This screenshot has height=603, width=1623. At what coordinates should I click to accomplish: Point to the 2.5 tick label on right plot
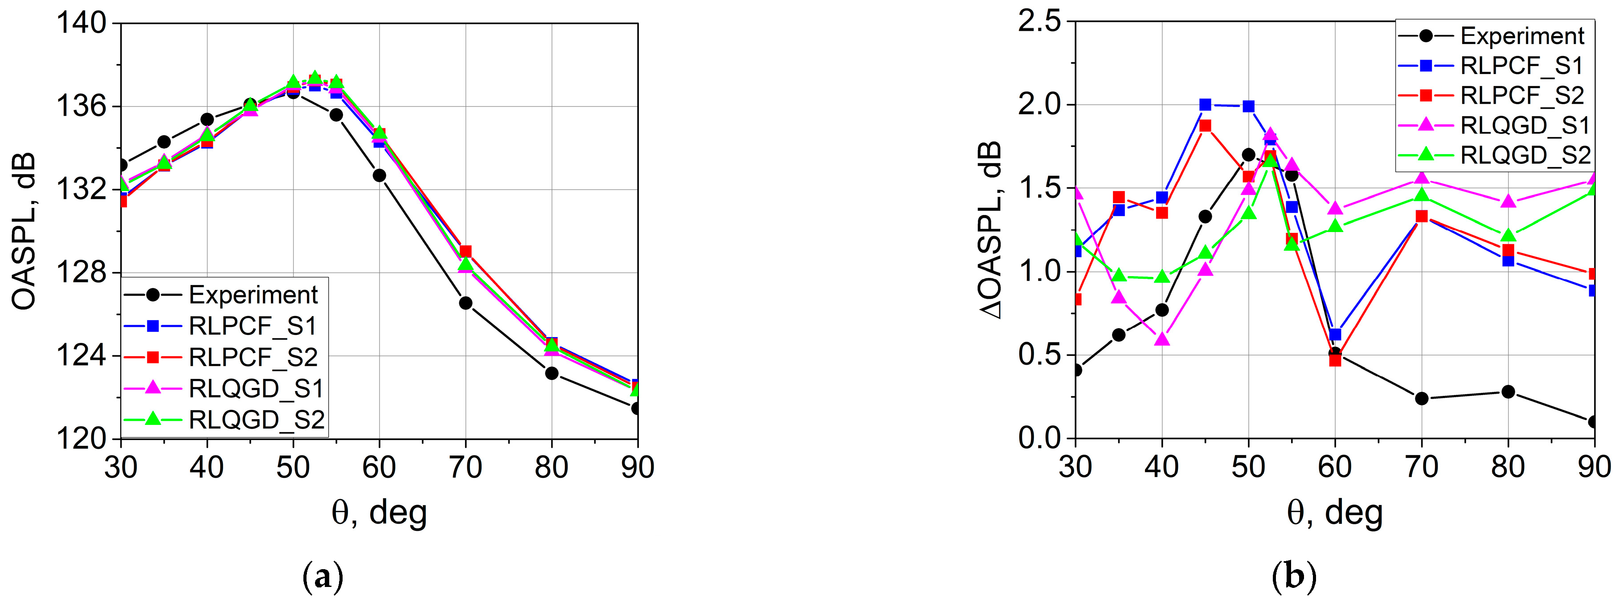click(1038, 22)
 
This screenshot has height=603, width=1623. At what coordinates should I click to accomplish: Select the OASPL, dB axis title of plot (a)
click(24, 231)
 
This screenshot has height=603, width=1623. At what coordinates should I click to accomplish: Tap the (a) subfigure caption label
click(323, 577)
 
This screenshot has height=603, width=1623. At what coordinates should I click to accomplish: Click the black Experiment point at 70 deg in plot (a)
click(466, 303)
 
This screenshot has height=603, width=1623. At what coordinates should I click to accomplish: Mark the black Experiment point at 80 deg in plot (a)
click(552, 373)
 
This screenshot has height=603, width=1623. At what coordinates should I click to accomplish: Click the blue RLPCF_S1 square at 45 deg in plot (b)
click(1205, 105)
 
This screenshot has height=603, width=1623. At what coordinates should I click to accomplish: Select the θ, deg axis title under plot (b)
click(1334, 513)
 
